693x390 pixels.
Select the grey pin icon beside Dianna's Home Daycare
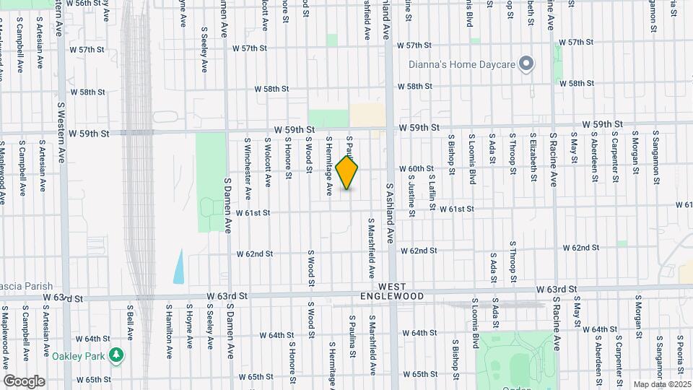pos(527,64)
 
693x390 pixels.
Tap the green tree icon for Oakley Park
pos(115,355)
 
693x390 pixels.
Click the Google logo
pos(24,381)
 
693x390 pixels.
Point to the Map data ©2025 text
pos(661,384)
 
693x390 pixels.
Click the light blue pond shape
pos(178,266)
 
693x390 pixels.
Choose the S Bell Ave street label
pos(131,322)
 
